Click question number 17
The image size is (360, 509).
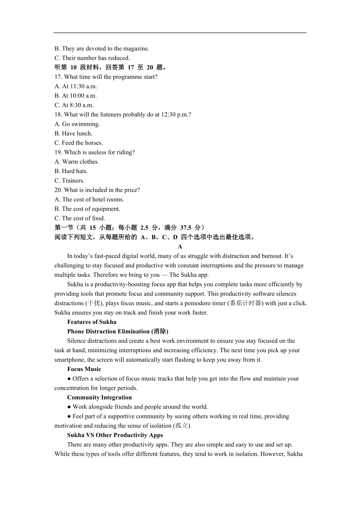point(58,77)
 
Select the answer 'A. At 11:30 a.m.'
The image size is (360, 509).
point(75,86)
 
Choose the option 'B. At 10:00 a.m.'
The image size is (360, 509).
point(75,96)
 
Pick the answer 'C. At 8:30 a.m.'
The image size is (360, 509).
point(74,105)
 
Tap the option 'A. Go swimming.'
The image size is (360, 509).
point(77,124)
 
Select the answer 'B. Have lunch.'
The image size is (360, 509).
point(73,133)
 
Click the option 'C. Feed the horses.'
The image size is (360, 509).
point(78,143)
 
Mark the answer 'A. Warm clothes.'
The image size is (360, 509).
point(77,162)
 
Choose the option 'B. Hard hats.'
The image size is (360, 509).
point(71,171)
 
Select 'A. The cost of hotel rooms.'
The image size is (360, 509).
point(89,200)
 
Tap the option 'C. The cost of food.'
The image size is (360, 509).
point(80,218)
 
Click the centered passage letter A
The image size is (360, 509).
point(180,247)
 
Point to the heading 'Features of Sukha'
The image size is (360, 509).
point(92,322)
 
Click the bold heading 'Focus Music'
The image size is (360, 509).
point(84,369)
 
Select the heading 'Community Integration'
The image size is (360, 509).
point(99,397)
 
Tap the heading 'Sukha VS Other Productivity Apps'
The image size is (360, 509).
point(115,435)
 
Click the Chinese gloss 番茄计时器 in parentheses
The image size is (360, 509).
point(246,303)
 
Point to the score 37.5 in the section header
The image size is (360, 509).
point(186,228)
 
